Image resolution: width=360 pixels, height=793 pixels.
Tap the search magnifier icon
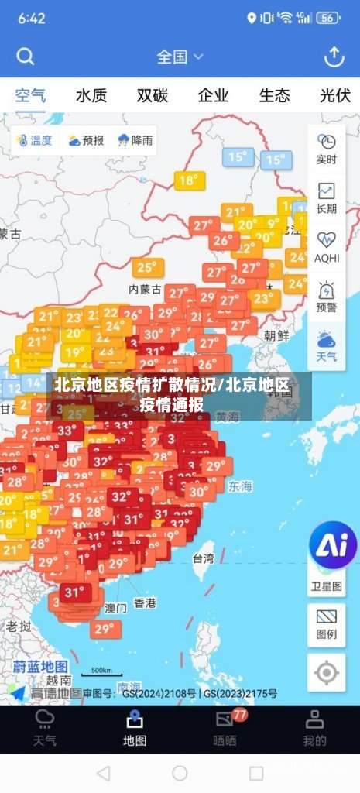pos(26,57)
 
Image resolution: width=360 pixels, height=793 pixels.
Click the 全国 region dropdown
pos(180,57)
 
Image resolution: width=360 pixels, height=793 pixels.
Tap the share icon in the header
pos(334,57)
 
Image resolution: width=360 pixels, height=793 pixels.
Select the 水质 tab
pos(91,96)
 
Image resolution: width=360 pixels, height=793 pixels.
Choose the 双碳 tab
pos(153,96)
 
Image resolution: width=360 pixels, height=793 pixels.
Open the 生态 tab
pos(274,96)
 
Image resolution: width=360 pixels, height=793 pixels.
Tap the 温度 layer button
pos(33,141)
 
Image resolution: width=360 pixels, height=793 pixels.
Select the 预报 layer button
pos(85,141)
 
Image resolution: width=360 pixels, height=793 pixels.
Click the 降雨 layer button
pos(134,141)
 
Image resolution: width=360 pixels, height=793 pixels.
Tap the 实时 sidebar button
pos(327,149)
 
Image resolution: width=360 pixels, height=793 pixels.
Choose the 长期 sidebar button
pos(327,197)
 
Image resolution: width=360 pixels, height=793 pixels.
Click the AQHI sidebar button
pos(327,246)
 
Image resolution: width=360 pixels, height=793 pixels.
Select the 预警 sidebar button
pos(327,296)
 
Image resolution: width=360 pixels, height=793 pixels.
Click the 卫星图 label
pos(327,586)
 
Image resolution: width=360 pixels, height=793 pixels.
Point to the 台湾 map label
pos(203,558)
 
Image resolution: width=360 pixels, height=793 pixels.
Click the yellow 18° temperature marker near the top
pos(187,180)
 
